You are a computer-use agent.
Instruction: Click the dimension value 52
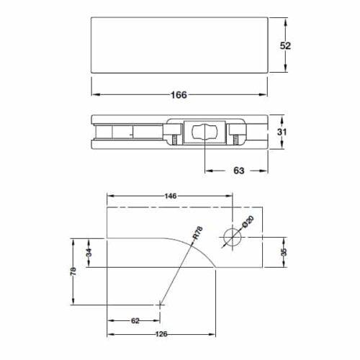click(x=285, y=45)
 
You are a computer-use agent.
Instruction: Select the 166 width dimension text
click(x=179, y=95)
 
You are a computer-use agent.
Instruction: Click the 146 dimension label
click(x=171, y=196)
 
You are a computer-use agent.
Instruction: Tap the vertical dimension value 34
click(x=89, y=252)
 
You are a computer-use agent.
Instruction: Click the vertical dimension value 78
click(x=73, y=272)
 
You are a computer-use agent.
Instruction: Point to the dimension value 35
click(x=284, y=251)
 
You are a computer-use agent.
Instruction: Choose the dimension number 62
click(x=134, y=321)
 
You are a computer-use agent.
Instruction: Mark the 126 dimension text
click(x=161, y=334)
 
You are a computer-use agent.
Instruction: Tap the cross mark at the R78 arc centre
click(x=158, y=305)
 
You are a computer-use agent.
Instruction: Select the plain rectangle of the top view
click(x=179, y=45)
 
